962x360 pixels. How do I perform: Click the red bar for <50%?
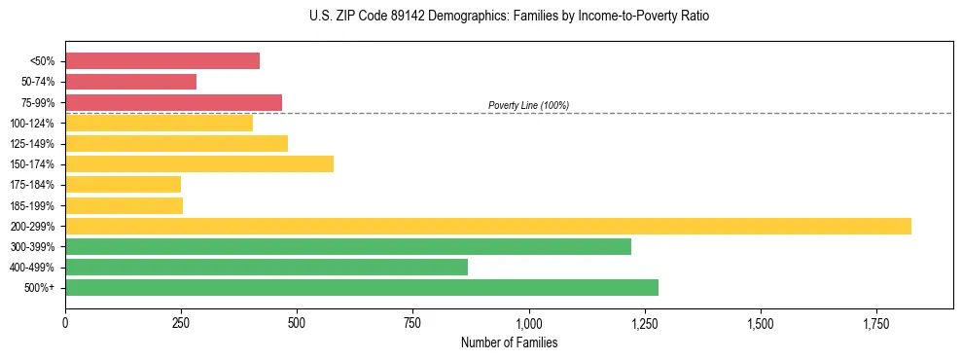pos(162,61)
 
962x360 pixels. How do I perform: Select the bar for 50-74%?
pos(130,82)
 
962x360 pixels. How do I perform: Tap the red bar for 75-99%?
pos(173,102)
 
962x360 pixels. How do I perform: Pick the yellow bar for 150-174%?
pos(199,164)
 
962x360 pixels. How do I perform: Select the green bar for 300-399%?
pos(348,246)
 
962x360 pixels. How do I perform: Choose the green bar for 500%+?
pos(362,288)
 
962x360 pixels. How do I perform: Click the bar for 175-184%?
pos(123,185)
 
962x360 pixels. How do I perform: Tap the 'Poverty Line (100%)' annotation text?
pos(528,105)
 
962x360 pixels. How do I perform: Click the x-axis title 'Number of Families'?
pos(509,343)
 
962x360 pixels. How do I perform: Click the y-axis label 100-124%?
pos(32,124)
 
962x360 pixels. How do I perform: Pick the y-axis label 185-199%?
pos(32,206)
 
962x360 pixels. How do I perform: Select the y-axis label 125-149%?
pos(32,144)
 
